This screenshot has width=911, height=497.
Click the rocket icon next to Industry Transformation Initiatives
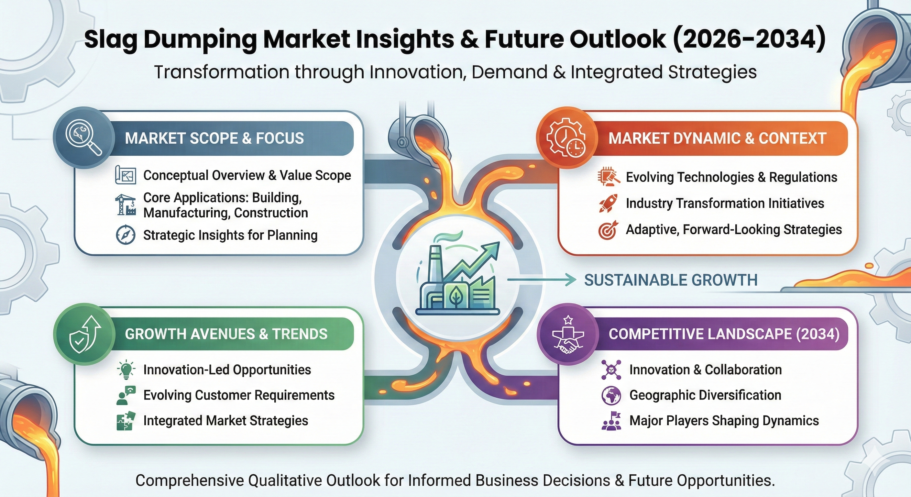pos(608,204)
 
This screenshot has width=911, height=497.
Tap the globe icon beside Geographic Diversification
pos(611,395)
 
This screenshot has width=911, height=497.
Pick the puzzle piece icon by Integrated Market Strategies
pos(126,421)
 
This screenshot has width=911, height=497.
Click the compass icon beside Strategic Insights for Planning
pos(126,235)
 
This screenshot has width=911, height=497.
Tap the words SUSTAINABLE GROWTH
pos(671,280)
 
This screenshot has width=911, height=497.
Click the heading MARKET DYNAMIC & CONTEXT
pos(718,138)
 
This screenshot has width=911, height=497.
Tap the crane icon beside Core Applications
pos(126,205)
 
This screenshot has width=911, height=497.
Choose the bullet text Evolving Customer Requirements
pos(239,395)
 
